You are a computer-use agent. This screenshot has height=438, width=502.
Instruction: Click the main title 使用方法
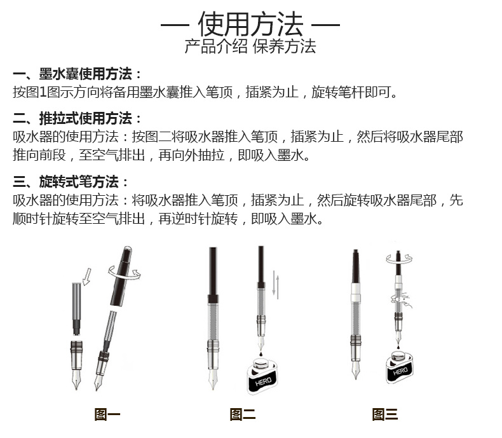(x=250, y=24)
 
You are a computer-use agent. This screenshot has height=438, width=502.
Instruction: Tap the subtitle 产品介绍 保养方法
(x=250, y=46)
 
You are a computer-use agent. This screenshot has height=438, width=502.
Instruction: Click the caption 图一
(x=107, y=414)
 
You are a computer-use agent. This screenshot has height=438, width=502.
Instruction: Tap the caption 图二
(x=243, y=414)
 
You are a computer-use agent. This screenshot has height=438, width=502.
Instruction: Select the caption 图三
(x=385, y=414)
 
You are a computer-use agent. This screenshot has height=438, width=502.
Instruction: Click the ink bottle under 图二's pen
(x=262, y=376)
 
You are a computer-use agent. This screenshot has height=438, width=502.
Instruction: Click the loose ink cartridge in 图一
(x=76, y=309)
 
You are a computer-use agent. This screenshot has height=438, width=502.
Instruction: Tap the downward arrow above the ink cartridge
(x=87, y=277)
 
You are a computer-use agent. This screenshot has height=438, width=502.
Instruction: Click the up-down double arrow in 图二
(x=276, y=285)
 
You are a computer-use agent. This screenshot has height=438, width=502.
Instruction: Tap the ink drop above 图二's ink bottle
(x=262, y=354)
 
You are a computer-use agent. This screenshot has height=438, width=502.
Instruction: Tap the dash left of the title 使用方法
(x=175, y=25)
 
